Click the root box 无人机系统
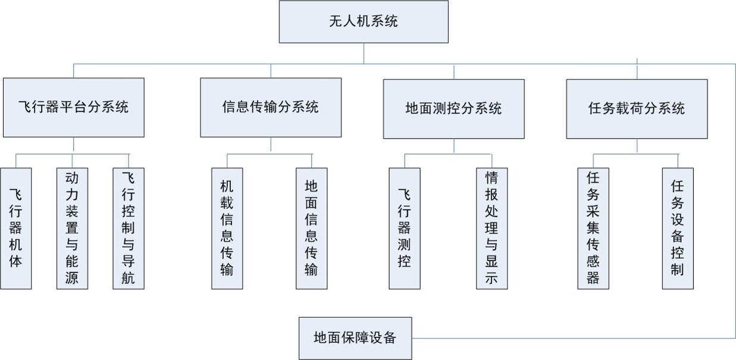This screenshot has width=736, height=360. (364, 22)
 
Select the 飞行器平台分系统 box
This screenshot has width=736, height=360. (74, 108)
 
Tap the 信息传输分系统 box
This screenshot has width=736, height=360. (271, 108)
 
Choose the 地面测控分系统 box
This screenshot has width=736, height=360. (453, 108)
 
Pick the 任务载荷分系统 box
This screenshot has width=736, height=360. (637, 108)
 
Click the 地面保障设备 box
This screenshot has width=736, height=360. (355, 338)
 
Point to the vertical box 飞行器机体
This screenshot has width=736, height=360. (16, 228)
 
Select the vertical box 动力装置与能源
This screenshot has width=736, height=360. (72, 228)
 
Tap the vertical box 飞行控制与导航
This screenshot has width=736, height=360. (129, 228)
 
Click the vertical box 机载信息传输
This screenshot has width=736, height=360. (227, 228)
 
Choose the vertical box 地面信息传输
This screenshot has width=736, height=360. (311, 228)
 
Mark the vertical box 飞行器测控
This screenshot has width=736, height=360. (405, 228)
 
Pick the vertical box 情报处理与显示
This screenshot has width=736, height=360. (491, 228)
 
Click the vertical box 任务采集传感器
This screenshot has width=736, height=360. (593, 228)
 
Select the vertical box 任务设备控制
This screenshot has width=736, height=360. (677, 228)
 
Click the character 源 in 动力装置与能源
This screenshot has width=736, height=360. (72, 278)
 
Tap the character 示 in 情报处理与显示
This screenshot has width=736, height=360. (491, 278)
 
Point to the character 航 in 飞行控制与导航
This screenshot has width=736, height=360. (129, 278)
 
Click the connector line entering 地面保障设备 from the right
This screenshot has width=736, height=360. (571, 338)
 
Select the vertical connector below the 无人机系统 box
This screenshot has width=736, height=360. (364, 53)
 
